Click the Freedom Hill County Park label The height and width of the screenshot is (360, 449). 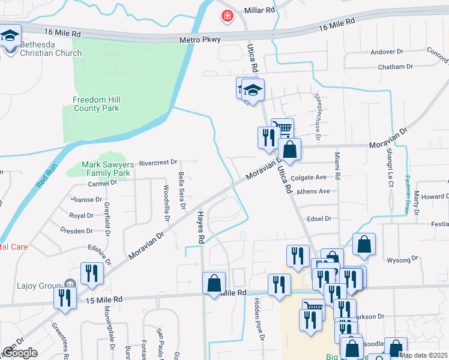click(96, 104)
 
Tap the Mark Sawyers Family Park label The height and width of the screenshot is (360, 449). click(106, 169)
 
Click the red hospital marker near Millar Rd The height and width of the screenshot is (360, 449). click(228, 16)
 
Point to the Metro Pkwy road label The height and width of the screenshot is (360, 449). click(200, 40)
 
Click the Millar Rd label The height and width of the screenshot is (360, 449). click(259, 10)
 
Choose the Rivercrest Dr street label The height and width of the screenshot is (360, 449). click(158, 162)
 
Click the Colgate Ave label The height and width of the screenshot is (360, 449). click(308, 178)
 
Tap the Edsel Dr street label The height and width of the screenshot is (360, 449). click(319, 219)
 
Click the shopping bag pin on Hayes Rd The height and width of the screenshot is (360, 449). click(214, 284)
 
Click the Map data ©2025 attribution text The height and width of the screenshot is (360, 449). click(423, 355)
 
